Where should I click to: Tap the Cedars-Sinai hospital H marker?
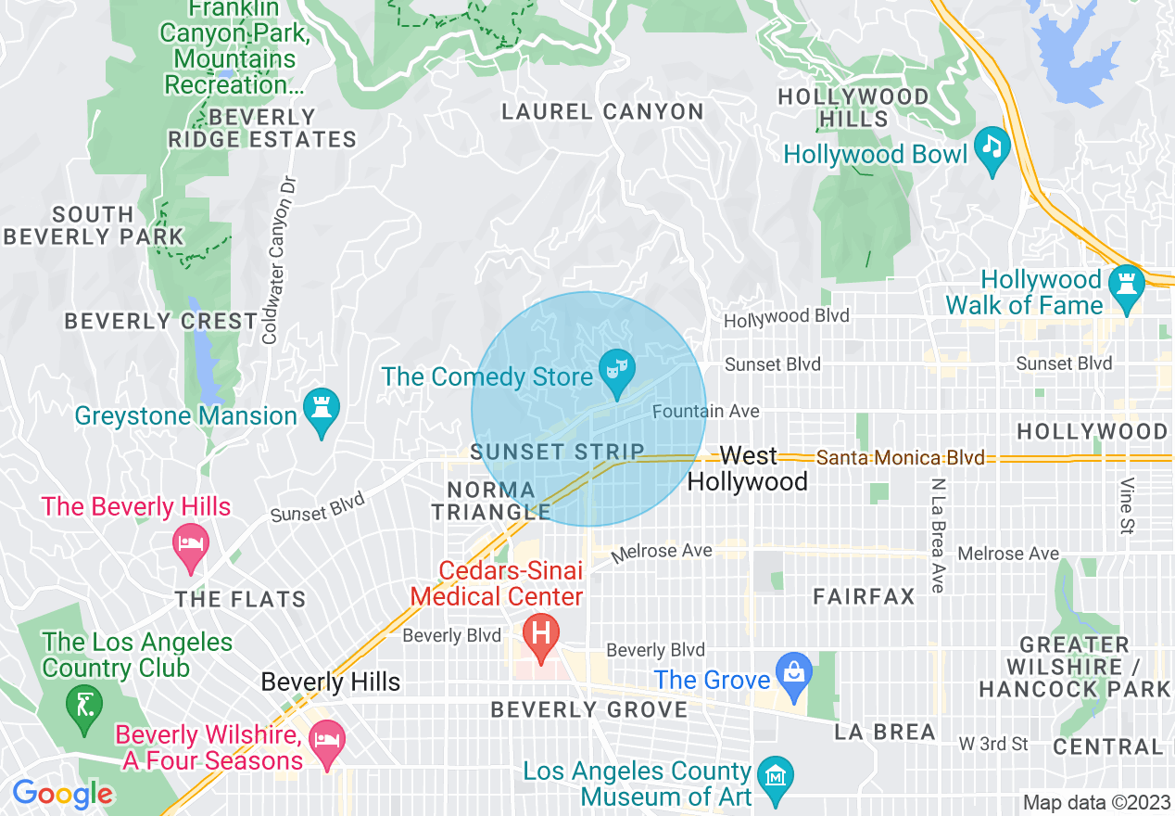[x=541, y=636]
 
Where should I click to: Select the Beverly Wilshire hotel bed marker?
[x=326, y=743]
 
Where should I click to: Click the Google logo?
[x=62, y=795]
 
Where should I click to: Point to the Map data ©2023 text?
[x=1096, y=802]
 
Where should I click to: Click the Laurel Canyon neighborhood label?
[x=602, y=112]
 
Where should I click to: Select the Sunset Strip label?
[x=557, y=452]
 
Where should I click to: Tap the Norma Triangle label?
[x=491, y=501]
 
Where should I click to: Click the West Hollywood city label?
[x=748, y=468]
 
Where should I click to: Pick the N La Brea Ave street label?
[x=938, y=535]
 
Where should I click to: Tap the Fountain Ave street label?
[x=706, y=411]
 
